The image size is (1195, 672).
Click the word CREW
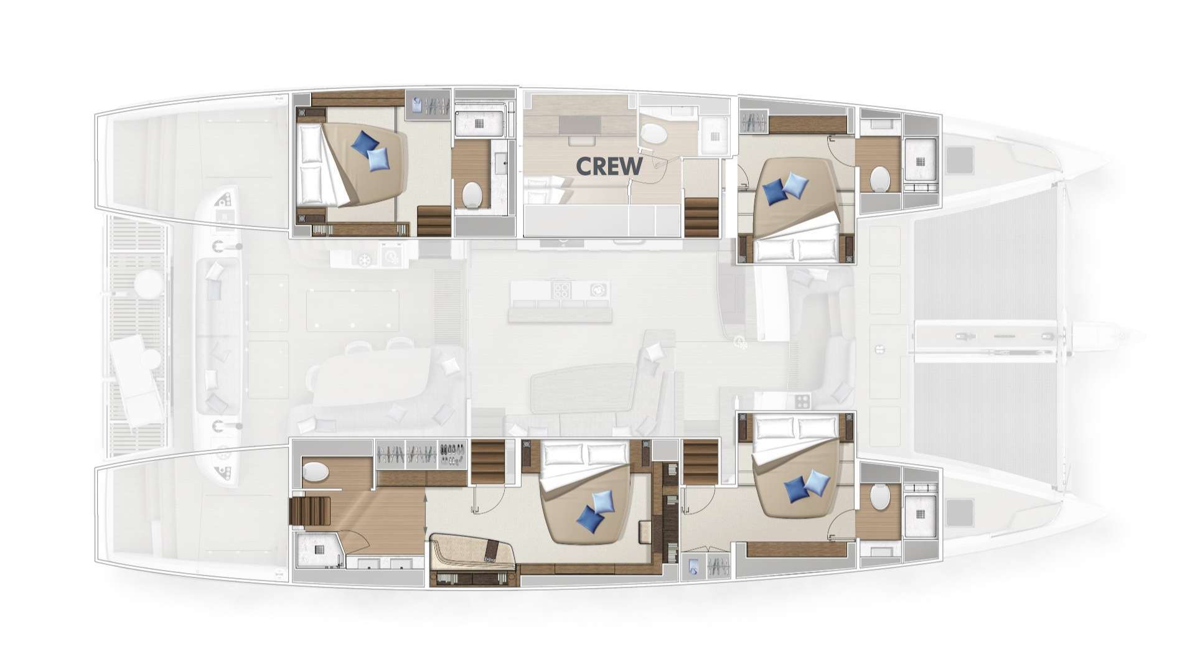pyautogui.click(x=609, y=166)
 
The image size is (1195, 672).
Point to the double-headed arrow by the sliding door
pyautogui.click(x=426, y=507)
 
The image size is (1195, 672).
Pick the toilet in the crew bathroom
pyautogui.click(x=653, y=133)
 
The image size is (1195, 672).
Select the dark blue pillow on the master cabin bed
pyautogui.click(x=589, y=518)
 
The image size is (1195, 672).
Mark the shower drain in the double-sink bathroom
pyautogui.click(x=319, y=549)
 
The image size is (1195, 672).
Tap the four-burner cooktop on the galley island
pyautogui.click(x=562, y=290)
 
